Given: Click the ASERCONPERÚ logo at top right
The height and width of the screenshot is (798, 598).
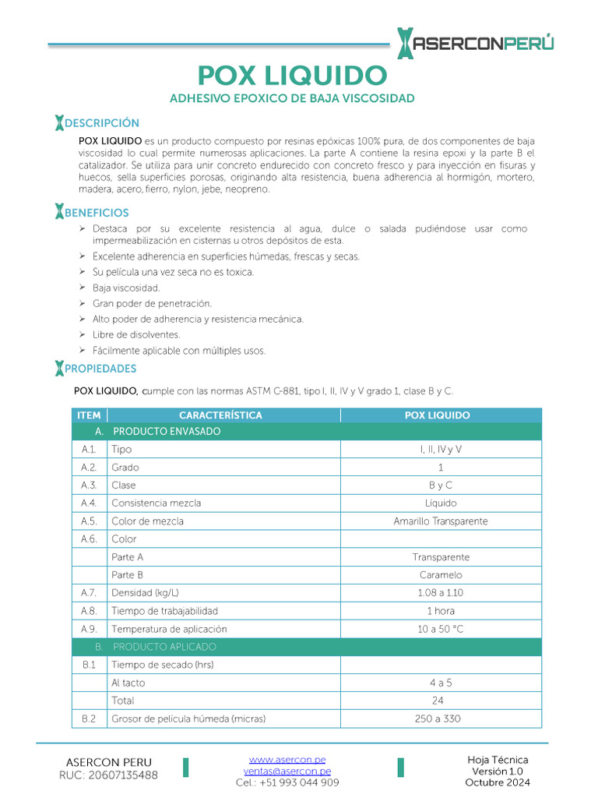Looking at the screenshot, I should point(476,44).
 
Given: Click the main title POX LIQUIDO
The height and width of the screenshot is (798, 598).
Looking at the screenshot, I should point(292,76).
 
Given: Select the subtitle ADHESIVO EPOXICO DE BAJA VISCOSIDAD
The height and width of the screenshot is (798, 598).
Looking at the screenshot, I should point(292,98).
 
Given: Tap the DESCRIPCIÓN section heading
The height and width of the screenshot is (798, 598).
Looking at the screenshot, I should point(101,123).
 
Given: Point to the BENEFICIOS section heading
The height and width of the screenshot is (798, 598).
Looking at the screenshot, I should point(97,213).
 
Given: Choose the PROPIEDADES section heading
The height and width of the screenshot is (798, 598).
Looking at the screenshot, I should point(100,369).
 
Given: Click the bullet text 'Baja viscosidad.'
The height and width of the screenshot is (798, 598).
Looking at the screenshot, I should point(126,288).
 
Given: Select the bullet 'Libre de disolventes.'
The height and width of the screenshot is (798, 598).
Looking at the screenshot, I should point(136,334).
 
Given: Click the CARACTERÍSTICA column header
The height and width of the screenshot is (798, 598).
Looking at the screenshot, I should point(220,415).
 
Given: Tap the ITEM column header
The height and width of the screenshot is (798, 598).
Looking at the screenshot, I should point(89,415).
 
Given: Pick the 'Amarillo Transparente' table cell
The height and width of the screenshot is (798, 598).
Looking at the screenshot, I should point(441,521).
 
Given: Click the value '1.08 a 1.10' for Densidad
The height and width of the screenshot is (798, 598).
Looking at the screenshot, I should point(441,593).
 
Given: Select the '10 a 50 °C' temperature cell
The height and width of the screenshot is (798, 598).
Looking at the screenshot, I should point(441,629).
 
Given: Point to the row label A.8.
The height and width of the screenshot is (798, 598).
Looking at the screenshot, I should point(89,611).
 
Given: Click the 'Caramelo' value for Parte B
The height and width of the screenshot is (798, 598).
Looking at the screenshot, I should point(441,575).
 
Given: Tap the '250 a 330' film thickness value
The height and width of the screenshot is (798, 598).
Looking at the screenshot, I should point(441,719).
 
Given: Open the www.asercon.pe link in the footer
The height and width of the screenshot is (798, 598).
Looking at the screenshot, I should point(287,759).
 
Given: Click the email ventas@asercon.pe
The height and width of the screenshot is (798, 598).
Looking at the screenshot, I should point(287,771).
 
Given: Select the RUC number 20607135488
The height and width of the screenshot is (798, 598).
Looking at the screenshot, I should point(108,775).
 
